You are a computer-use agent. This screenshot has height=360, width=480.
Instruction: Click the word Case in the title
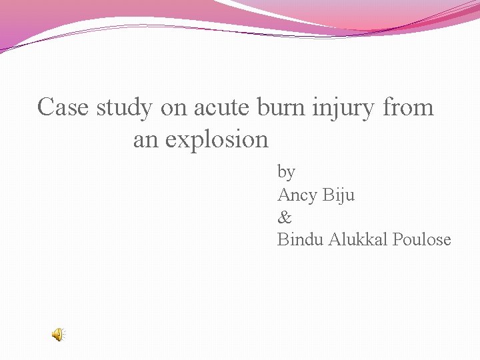pyautogui.click(x=63, y=107)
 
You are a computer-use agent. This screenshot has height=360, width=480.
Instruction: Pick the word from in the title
pyautogui.click(x=409, y=107)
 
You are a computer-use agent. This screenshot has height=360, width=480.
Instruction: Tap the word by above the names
pyautogui.click(x=286, y=172)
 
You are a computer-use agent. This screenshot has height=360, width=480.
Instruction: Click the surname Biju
pyautogui.click(x=339, y=195)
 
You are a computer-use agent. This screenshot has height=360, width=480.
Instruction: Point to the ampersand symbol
pyautogui.click(x=284, y=217)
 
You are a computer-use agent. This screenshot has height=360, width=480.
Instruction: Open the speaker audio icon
pyautogui.click(x=59, y=335)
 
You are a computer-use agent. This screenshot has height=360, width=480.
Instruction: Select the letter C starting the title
pyautogui.click(x=45, y=107)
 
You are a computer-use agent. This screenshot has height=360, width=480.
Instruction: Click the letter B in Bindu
pyautogui.click(x=283, y=239)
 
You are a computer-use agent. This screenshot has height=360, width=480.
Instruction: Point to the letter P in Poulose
pyautogui.click(x=397, y=239)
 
